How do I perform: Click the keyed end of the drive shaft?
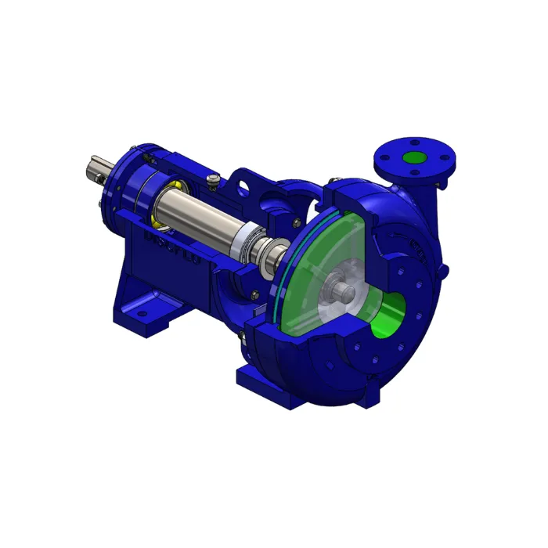(x=95, y=169)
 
